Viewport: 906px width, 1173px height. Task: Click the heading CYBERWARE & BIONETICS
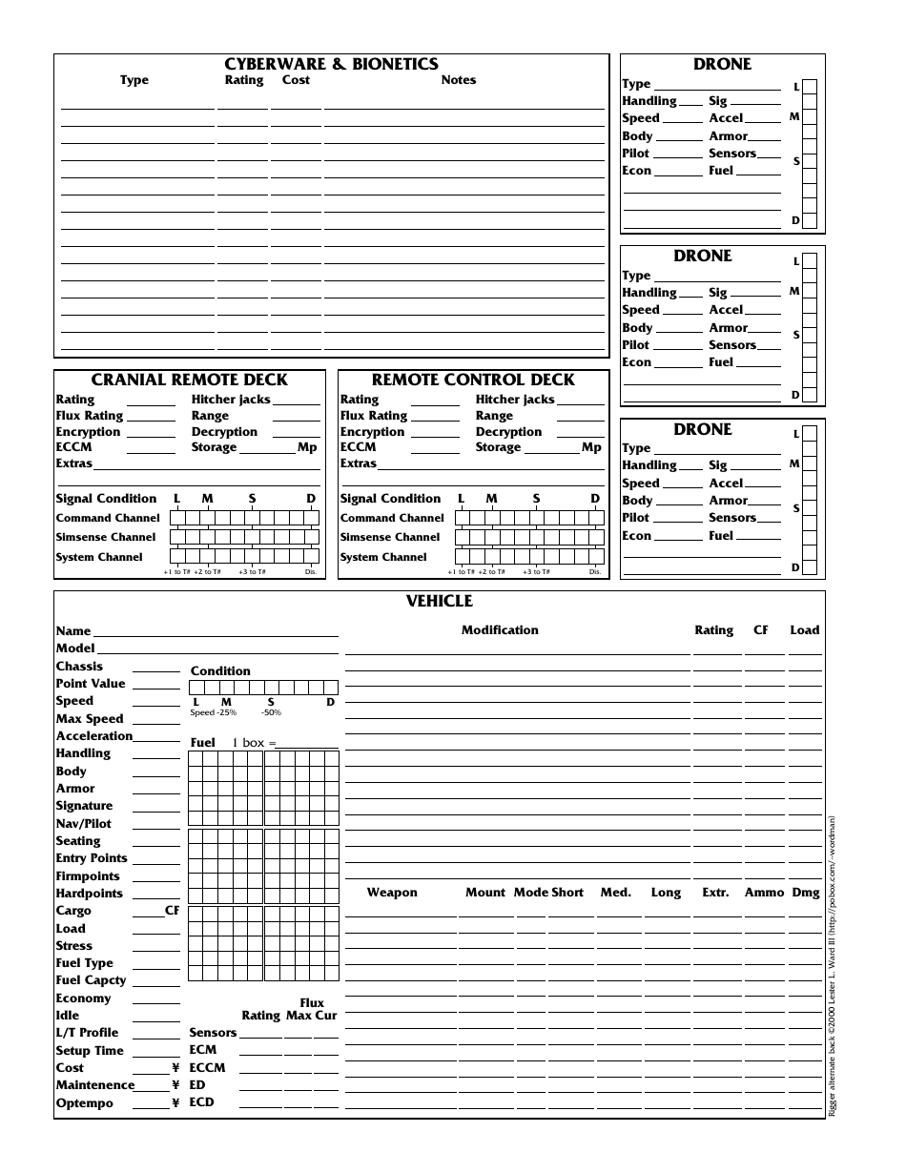coord(331,64)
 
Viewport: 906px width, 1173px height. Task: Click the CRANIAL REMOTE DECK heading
coord(189,380)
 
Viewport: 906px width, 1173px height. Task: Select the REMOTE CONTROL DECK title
coord(473,380)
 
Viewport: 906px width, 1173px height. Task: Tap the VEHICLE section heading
coord(439,601)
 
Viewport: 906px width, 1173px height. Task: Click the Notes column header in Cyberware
coord(458,80)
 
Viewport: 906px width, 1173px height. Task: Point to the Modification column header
coord(500,630)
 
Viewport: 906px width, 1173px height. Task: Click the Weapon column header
coord(392,893)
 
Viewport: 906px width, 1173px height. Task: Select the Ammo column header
coord(763,893)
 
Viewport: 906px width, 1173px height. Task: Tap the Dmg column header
coord(806,893)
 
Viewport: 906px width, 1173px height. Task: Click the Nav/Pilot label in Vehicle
coord(83,823)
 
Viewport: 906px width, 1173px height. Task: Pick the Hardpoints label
coord(89,894)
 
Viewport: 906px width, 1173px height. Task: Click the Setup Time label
coord(90,1050)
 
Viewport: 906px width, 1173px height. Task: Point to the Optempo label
coord(84,1103)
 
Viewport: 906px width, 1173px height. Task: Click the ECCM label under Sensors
coord(207,1067)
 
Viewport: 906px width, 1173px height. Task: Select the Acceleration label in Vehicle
coord(93,736)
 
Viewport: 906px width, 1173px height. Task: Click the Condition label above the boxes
coord(220,671)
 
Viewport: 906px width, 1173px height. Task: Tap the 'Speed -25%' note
coord(213,713)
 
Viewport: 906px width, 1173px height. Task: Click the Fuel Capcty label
coord(91,980)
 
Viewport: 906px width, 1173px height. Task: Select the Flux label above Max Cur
coord(312,1003)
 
